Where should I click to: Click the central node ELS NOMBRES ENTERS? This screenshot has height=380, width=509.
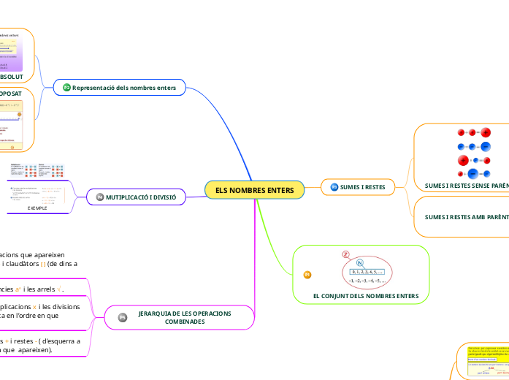pyautogui.click(x=254, y=190)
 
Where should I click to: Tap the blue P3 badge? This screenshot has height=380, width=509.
pyautogui.click(x=334, y=187)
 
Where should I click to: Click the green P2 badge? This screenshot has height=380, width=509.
pyautogui.click(x=66, y=88)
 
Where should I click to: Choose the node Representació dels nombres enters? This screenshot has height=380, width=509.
pyautogui.click(x=129, y=88)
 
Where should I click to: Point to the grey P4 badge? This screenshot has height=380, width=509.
pyautogui.click(x=99, y=197)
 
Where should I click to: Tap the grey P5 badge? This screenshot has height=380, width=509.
pyautogui.click(x=123, y=316)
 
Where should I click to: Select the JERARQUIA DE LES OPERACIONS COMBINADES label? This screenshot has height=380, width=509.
pyautogui.click(x=184, y=316)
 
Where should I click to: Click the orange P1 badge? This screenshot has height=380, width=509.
pyautogui.click(x=307, y=274)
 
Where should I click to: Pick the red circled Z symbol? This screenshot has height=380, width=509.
pyautogui.click(x=345, y=254)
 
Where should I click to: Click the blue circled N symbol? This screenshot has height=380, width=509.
pyautogui.click(x=359, y=263)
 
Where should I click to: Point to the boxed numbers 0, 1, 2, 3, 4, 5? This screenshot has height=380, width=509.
pyautogui.click(x=366, y=271)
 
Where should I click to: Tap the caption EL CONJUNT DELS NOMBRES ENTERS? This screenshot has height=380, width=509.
pyautogui.click(x=365, y=296)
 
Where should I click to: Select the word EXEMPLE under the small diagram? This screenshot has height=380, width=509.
pyautogui.click(x=37, y=208)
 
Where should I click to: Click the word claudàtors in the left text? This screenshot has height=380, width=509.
pyautogui.click(x=31, y=264)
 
